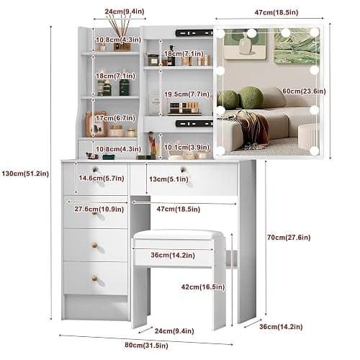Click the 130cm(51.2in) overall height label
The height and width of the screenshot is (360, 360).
tap(25, 174)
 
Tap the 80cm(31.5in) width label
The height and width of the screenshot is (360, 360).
tap(146, 346)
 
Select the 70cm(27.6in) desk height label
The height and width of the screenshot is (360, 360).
tap(289, 238)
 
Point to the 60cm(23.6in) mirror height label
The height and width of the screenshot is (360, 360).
tap(304, 91)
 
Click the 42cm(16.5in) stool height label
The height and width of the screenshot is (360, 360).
tap(203, 287)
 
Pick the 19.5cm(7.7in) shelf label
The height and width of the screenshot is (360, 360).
tap(186, 94)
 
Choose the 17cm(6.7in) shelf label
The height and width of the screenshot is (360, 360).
tap(115, 118)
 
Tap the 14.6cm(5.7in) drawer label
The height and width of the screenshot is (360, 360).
tap(102, 178)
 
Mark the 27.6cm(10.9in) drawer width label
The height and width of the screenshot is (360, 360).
tap(99, 209)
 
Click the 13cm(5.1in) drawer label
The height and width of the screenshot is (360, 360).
tap(168, 179)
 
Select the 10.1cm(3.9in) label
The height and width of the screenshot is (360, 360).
tap(186, 147)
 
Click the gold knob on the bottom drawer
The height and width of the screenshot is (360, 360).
tap(95, 279)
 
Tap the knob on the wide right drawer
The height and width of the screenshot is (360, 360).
tap(184, 169)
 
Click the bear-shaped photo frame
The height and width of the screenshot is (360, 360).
tap(96, 124)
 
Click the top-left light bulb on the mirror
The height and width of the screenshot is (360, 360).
tap(220, 33)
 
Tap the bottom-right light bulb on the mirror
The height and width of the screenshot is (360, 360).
tap(314, 150)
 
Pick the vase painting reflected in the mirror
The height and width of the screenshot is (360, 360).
tap(245, 44)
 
